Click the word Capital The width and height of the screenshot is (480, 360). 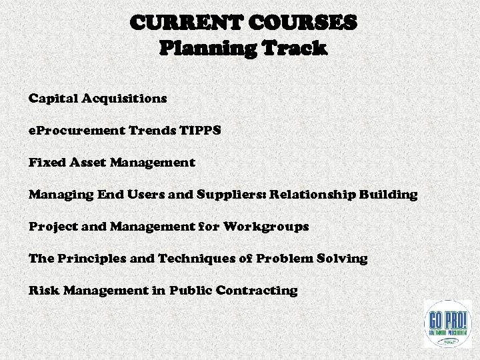pos(53,99)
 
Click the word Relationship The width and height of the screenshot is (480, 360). pos(314,195)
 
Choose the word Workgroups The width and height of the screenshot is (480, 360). pos(267,227)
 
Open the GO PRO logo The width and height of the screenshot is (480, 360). pos(447,323)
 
